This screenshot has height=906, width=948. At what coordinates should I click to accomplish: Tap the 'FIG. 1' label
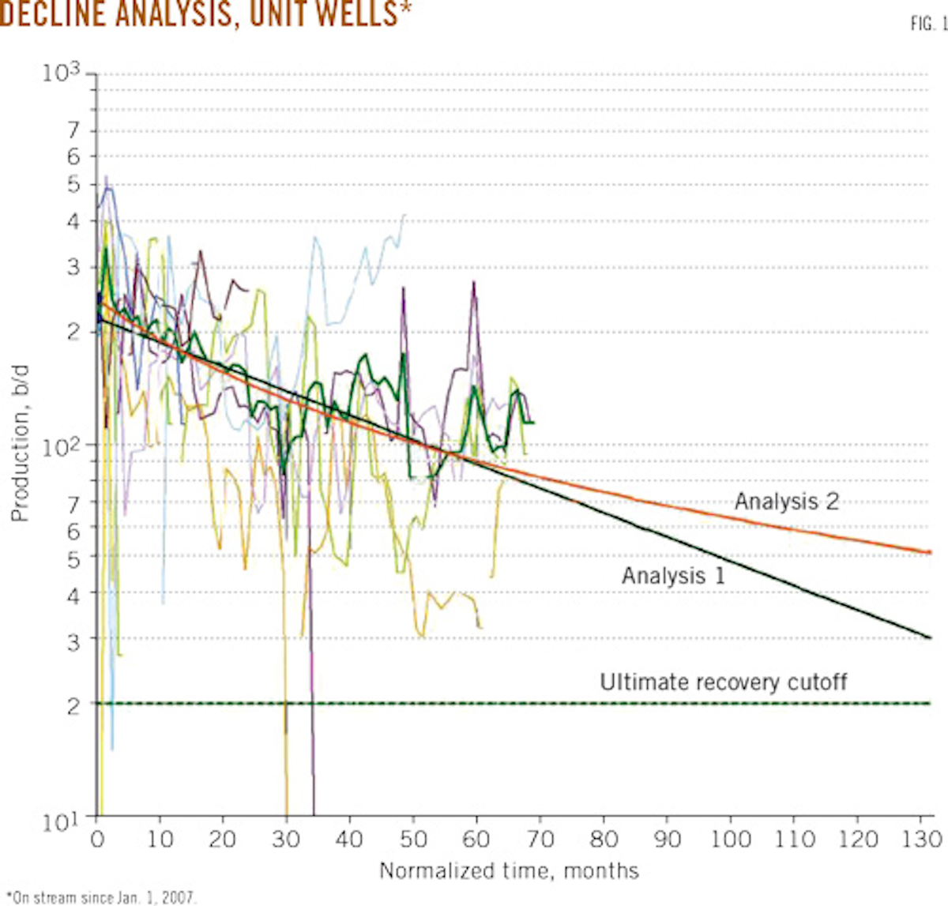coord(927,24)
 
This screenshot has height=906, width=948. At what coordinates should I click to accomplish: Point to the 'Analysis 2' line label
coord(786,502)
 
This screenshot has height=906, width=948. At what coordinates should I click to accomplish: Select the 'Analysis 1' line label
coord(672,575)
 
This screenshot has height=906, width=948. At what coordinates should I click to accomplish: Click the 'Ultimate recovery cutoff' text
coord(723,682)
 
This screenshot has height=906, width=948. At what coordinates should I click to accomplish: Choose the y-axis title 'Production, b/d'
coord(20,442)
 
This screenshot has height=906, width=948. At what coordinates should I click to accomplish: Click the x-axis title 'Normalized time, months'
coord(509,870)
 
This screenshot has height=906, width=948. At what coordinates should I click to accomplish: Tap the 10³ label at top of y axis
coord(62,73)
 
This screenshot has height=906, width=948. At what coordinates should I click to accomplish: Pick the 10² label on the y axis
coord(62,446)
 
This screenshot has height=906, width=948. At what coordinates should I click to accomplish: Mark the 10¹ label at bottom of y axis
coord(62,822)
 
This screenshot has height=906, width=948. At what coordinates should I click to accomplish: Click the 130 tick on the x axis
coord(920,838)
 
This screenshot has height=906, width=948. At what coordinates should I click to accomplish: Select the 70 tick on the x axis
coord(540,838)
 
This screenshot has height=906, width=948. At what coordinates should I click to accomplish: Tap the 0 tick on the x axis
coord(97,838)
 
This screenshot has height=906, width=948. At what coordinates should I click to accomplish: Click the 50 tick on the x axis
coord(413,838)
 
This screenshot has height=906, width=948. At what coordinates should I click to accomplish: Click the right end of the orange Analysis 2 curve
coord(930,552)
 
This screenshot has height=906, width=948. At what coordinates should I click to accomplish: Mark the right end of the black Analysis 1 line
coord(930,637)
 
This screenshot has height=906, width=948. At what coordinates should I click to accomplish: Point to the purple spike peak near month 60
coord(474,282)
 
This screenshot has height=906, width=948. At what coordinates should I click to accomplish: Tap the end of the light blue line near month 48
coord(404,214)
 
